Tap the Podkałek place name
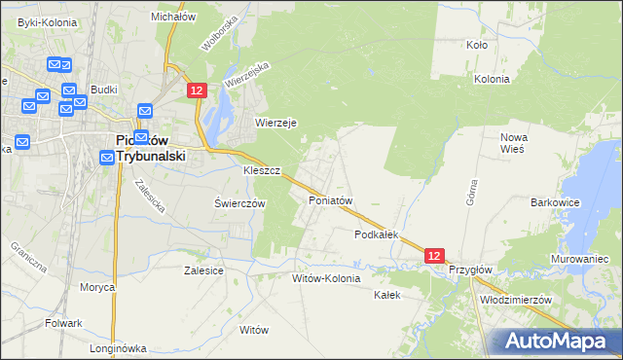(x=378, y=235)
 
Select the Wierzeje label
(x=275, y=123)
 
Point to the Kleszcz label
(x=262, y=170)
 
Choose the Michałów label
(x=174, y=17)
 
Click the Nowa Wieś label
(x=513, y=143)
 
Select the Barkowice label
(x=555, y=202)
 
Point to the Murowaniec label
(x=581, y=260)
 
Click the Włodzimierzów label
(x=516, y=300)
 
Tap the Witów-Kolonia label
(x=326, y=278)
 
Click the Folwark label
(x=62, y=322)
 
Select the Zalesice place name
(x=204, y=270)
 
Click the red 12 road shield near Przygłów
(x=435, y=255)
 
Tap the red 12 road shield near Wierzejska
(x=197, y=90)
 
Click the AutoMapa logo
(x=554, y=341)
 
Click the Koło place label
(x=477, y=45)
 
